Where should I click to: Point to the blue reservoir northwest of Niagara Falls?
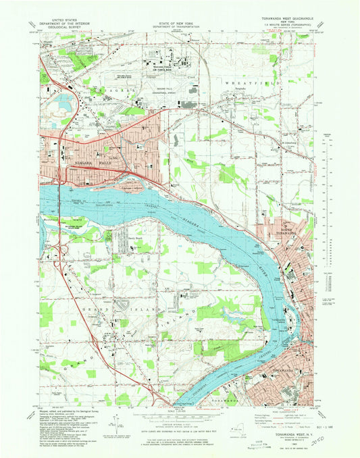tap(68, 103)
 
